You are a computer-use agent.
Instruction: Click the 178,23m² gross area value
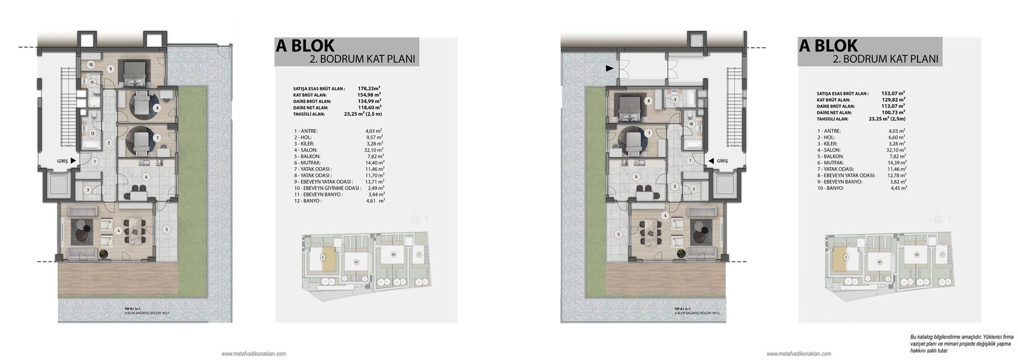click(370, 88)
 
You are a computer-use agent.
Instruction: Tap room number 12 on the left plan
click(92, 134)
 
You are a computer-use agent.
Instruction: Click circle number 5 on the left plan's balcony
click(165, 229)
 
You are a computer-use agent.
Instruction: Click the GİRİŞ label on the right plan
click(722, 162)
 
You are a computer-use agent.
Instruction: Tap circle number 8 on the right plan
click(648, 101)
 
